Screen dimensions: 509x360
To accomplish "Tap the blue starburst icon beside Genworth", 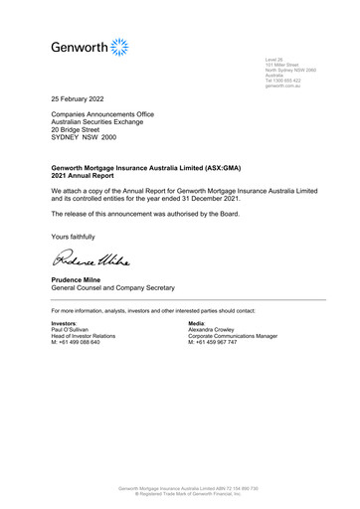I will pyautogui.click(x=119, y=46).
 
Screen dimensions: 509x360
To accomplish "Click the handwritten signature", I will pyautogui.click(x=88, y=260).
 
